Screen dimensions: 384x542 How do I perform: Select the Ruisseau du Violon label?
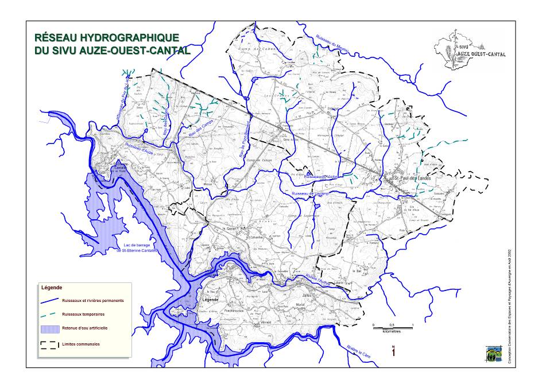click(x=324, y=177)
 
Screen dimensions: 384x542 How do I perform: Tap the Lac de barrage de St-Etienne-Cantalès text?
click(x=137, y=247)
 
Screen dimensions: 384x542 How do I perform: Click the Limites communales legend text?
click(x=80, y=344)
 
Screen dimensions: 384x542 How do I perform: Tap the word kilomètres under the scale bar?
click(x=393, y=332)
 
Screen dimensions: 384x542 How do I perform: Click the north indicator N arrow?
click(x=393, y=352)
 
